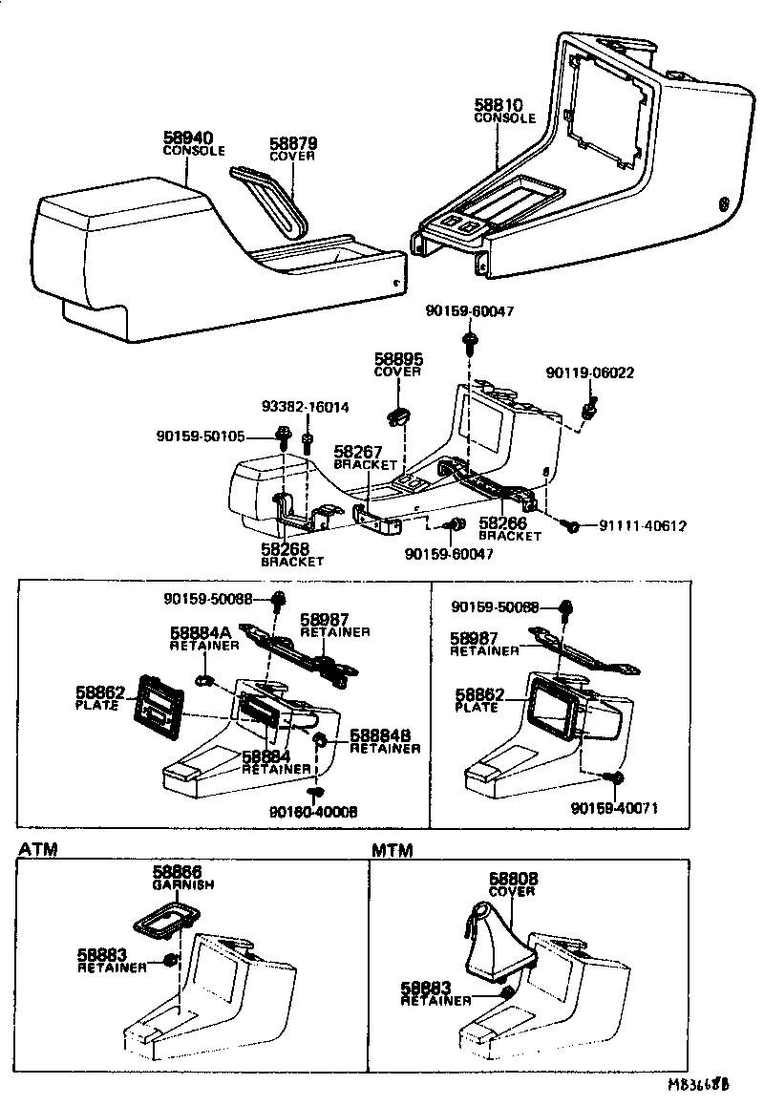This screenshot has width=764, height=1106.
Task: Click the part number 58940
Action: point(187,138)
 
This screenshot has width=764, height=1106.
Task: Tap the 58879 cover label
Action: point(292,143)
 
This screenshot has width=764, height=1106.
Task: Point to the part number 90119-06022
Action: point(589,372)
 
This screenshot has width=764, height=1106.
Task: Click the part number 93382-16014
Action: point(306,407)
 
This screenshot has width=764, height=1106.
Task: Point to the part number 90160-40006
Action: point(313,812)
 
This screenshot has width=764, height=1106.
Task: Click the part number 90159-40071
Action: point(615,808)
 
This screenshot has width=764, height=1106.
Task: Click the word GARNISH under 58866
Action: point(182,885)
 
